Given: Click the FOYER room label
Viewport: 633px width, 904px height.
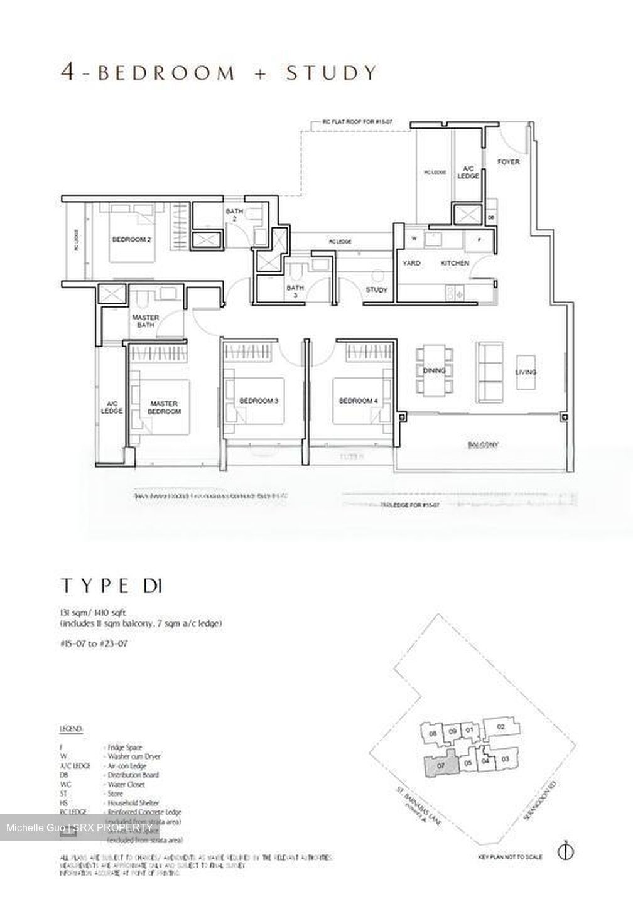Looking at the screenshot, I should coord(509,162).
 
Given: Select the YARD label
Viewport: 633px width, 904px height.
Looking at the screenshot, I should coord(411,263).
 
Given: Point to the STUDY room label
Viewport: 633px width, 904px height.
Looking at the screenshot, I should coord(376,290).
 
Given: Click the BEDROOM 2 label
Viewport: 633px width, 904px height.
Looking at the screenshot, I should coord(131,239).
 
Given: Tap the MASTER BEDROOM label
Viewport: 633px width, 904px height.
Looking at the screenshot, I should coord(164,407).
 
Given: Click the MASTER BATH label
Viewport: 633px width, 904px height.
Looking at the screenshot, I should coord(145,321).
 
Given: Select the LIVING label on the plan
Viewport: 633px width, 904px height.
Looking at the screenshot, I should coord(526,372).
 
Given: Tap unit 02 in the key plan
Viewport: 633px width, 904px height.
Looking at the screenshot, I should coord(500,727).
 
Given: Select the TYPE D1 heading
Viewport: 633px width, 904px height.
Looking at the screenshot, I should coord(112,586).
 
